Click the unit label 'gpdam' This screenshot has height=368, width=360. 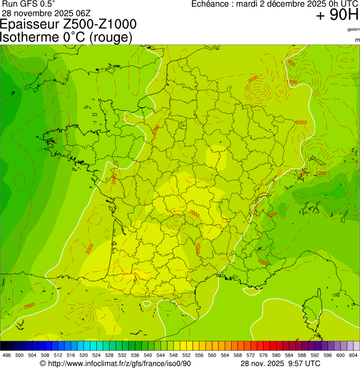pyautogui.click(x=354, y=29)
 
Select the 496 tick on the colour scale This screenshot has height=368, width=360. pyautogui.click(x=7, y=355)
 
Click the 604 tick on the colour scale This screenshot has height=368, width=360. pyautogui.click(x=353, y=355)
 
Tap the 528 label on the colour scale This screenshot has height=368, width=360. pyautogui.click(x=110, y=355)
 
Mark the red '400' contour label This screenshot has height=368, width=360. pyautogui.click(x=291, y=63)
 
